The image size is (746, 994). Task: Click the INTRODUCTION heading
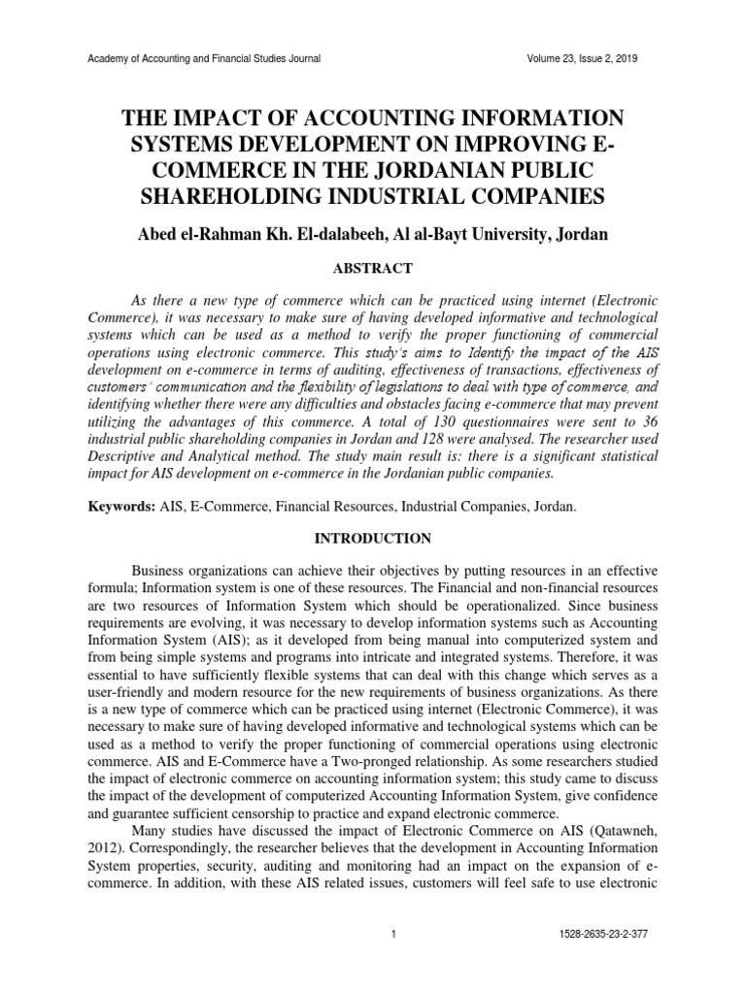(x=372, y=537)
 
